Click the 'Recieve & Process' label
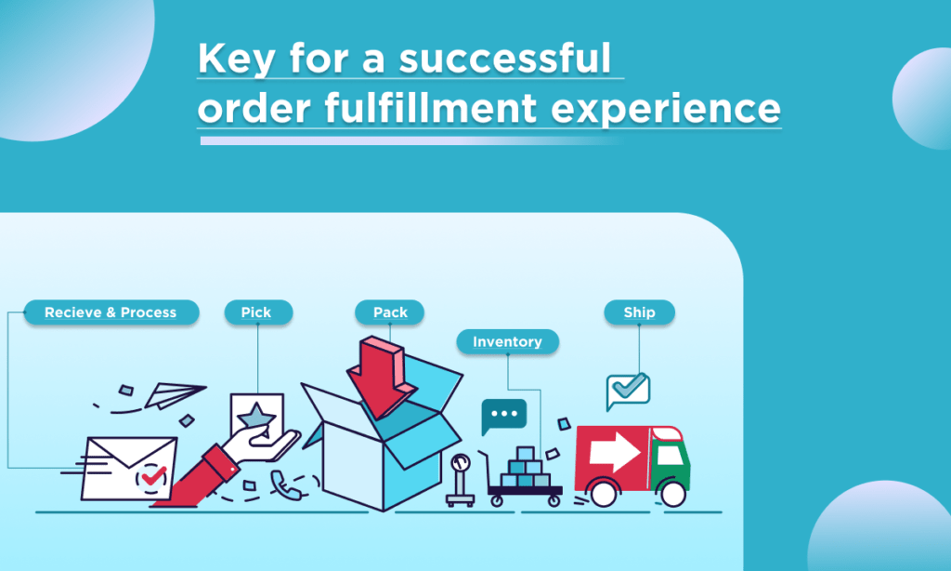111,312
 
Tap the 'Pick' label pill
258,312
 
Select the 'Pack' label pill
389,312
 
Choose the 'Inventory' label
508,342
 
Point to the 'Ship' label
639,312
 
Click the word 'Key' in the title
235,59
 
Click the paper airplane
175,395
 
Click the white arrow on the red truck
615,451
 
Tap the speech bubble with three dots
503,416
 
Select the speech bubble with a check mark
628,390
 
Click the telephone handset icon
286,485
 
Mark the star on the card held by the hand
256,418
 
